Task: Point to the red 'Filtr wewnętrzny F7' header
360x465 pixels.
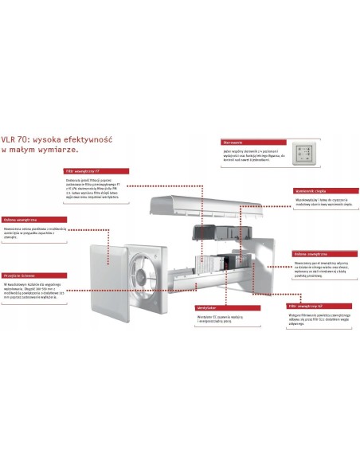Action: [109, 170]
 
